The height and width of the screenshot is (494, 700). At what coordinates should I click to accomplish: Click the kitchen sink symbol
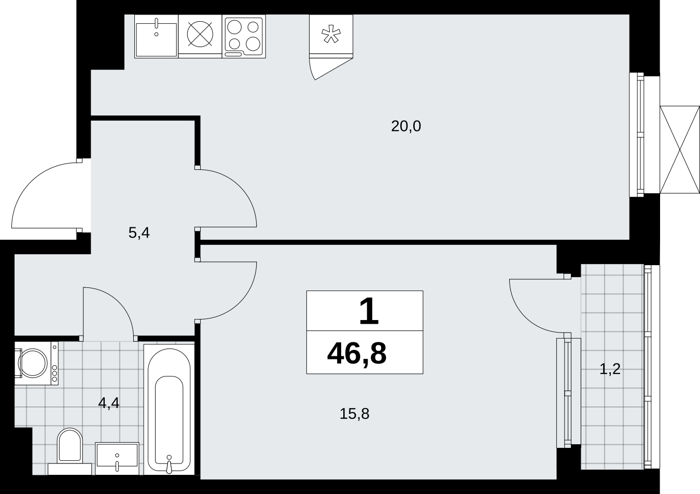(x=156, y=36)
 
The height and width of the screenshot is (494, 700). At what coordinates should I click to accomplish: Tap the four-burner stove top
(x=244, y=36)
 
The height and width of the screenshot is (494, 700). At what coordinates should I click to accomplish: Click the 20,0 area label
(x=406, y=126)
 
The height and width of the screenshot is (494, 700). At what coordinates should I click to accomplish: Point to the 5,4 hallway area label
(x=139, y=233)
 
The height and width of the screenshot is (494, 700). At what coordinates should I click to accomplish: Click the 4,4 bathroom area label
(x=109, y=403)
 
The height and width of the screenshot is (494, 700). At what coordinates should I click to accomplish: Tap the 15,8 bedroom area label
(x=354, y=414)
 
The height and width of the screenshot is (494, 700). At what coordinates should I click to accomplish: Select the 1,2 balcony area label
(x=610, y=369)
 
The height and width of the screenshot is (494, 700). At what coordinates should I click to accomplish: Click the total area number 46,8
(x=357, y=354)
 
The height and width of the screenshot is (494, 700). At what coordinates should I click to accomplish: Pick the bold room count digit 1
(x=369, y=311)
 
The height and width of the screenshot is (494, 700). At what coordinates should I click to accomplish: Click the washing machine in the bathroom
(x=36, y=363)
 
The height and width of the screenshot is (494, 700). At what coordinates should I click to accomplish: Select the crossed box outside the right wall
(x=680, y=150)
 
